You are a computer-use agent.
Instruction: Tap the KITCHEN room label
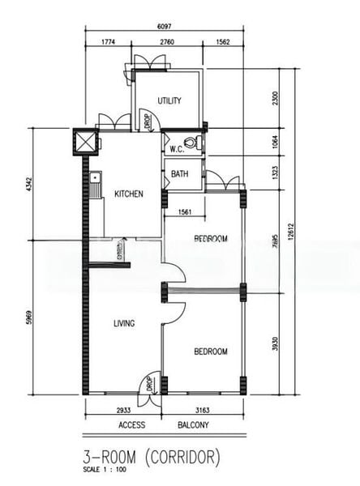129,194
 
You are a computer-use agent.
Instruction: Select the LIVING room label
123,323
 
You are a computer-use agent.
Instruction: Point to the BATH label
179,174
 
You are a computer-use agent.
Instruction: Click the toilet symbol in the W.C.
197,146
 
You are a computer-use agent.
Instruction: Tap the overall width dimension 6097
165,28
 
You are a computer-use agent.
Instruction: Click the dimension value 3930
273,343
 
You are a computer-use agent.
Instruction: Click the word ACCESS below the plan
131,426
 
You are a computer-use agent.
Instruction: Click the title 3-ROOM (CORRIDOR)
152,458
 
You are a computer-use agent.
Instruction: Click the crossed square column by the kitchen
84,142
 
